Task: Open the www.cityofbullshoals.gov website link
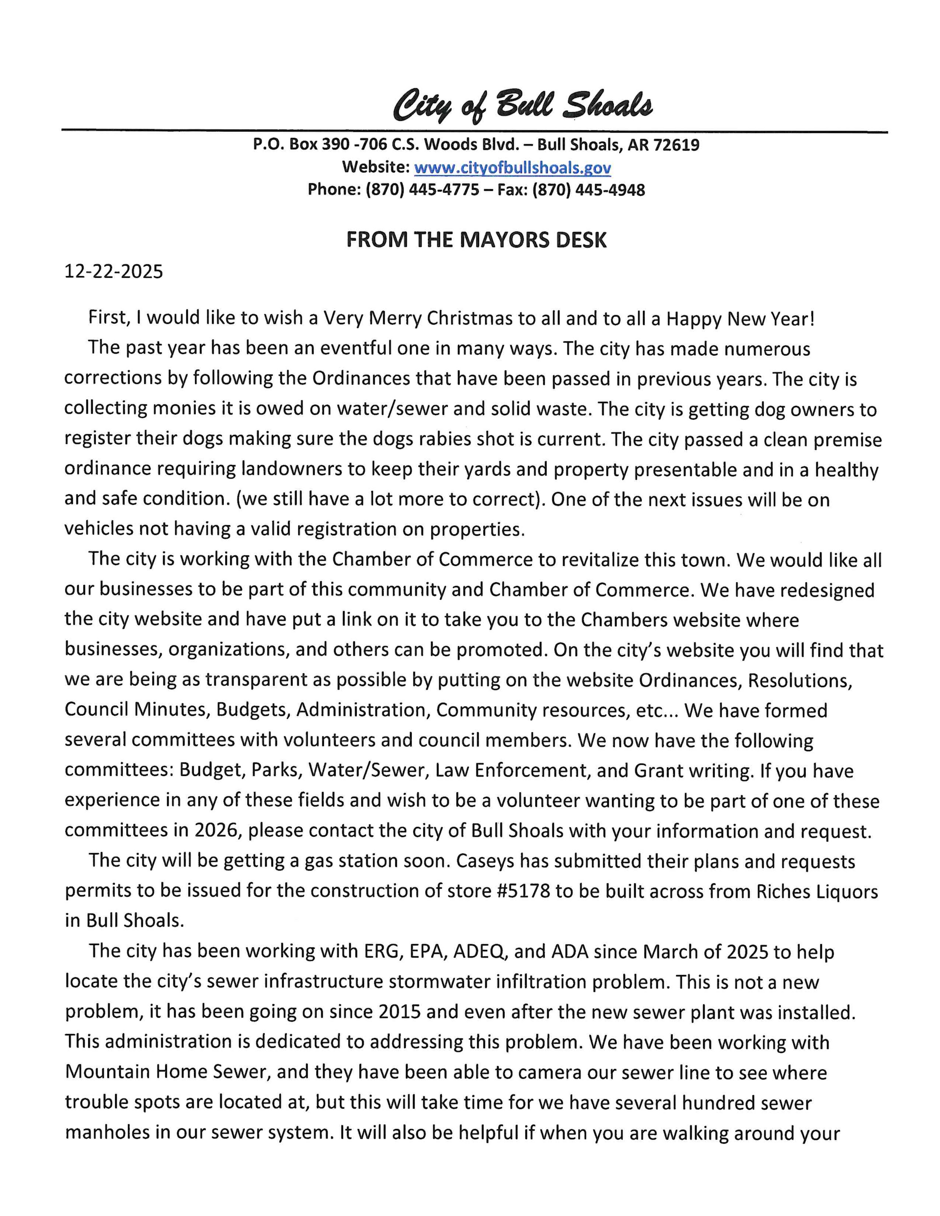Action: (513, 167)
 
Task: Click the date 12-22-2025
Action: (114, 271)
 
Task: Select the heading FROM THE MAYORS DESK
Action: (476, 239)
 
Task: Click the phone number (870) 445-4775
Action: (422, 190)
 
